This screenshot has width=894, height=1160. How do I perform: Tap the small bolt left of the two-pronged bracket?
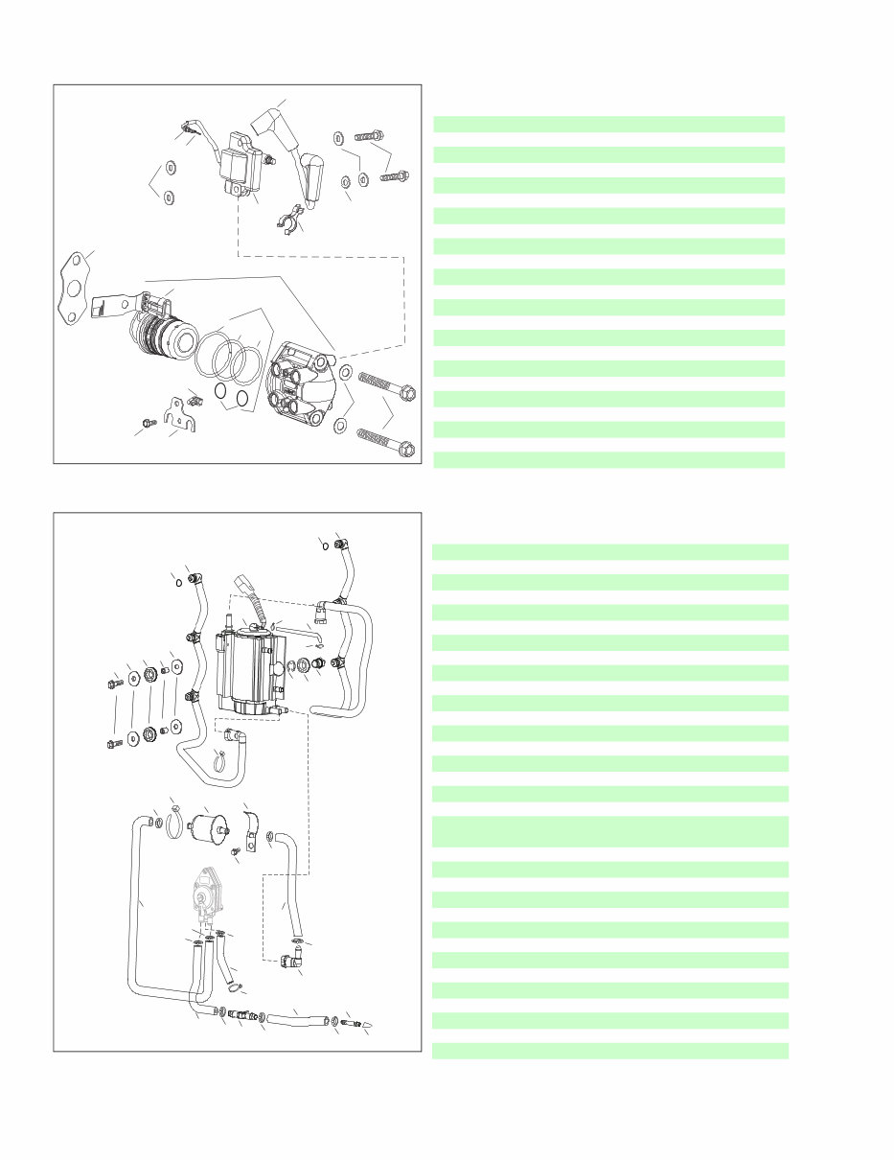click(146, 423)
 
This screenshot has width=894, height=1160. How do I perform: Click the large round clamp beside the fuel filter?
click(174, 824)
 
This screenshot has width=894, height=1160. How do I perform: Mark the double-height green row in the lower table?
click(609, 831)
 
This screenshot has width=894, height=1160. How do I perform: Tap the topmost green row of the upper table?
click(609, 124)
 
